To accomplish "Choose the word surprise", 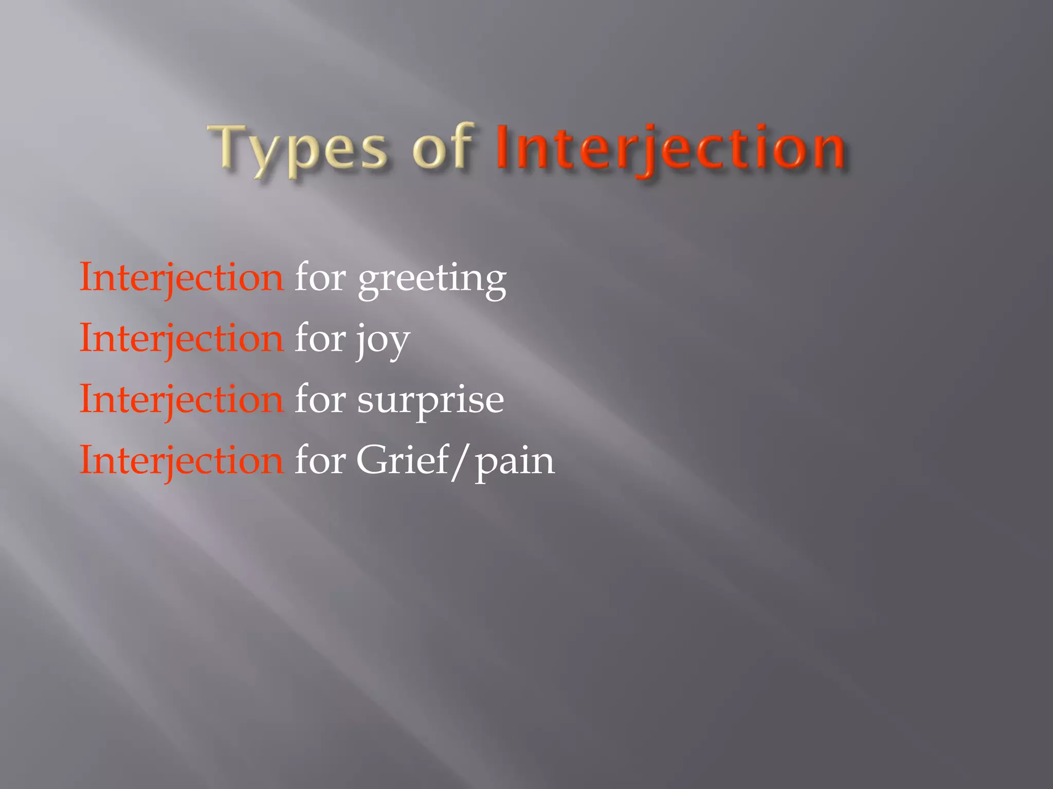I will pyautogui.click(x=430, y=401).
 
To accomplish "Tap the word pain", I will pyautogui.click(x=514, y=462).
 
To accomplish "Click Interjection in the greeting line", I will pyautogui.click(x=181, y=278).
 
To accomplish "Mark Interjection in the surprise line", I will pyautogui.click(x=181, y=400).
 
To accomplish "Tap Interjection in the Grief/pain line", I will pyautogui.click(x=181, y=460).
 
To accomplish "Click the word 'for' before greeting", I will pyautogui.click(x=320, y=277).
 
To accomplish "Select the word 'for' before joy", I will pyautogui.click(x=320, y=338).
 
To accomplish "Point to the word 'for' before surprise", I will pyautogui.click(x=320, y=399).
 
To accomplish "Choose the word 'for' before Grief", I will pyautogui.click(x=320, y=459).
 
